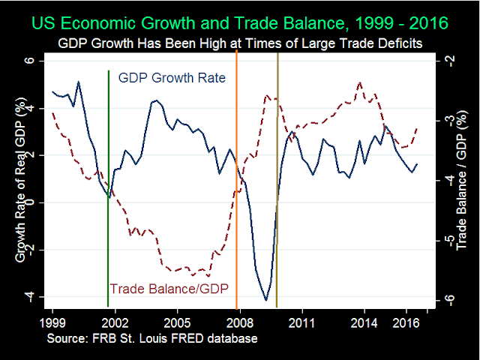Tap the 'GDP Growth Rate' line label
[x=172, y=78]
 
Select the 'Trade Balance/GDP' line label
[x=169, y=288]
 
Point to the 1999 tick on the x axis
[x=52, y=320]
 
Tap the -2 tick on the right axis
[x=448, y=61]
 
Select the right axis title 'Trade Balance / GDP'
[x=463, y=180]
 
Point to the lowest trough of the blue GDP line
[x=266, y=300]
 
